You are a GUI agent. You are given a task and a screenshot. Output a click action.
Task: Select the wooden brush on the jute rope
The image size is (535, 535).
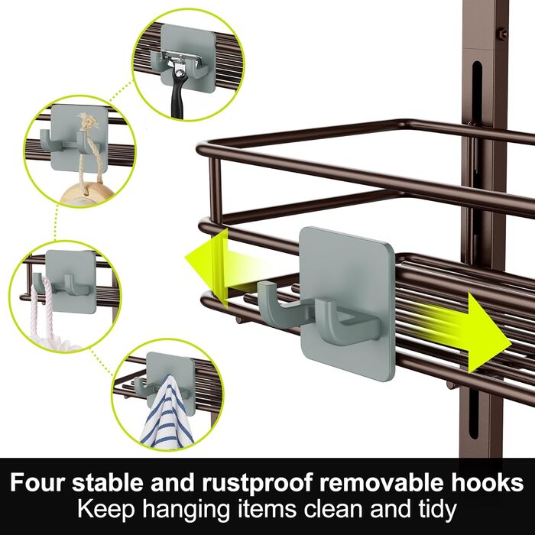tap(87, 194)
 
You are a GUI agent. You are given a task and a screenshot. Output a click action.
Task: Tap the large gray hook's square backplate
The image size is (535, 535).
tap(347, 303)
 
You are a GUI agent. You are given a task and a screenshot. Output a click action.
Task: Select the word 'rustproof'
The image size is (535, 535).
tap(257, 484)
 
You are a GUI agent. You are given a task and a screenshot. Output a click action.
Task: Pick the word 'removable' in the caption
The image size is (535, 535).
tap(389, 482)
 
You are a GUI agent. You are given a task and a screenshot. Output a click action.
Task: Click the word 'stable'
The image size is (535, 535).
tap(109, 482)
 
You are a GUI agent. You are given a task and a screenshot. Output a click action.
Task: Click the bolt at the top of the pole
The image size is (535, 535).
tap(503, 34)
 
